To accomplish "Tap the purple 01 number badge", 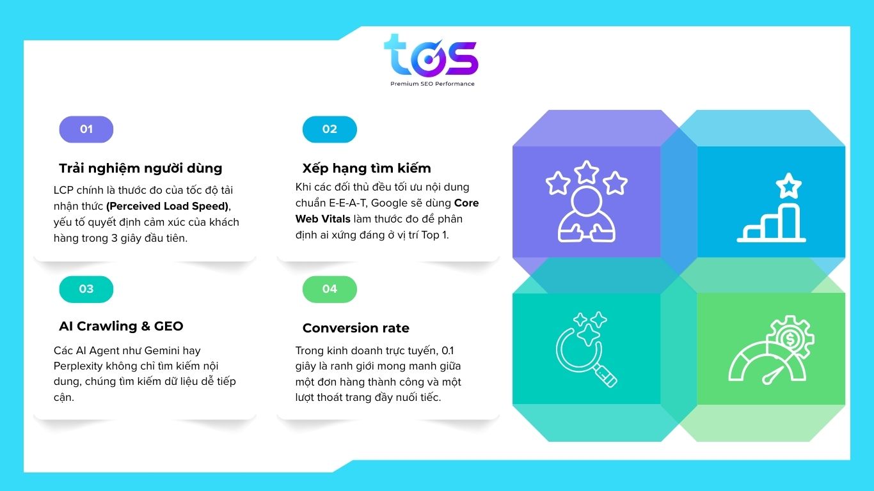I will point(86,129).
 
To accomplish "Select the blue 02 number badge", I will point(330,129).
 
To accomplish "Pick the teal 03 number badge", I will point(86,289).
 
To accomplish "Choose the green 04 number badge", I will point(330,289).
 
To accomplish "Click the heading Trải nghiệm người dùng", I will point(140,168).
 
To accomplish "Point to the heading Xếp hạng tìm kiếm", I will point(367,168).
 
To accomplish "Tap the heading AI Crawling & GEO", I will point(121,326).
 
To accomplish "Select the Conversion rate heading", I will point(356,328).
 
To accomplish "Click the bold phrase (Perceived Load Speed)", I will point(167,206).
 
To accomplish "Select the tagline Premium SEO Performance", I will point(433,84).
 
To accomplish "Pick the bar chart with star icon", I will point(771,208).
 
